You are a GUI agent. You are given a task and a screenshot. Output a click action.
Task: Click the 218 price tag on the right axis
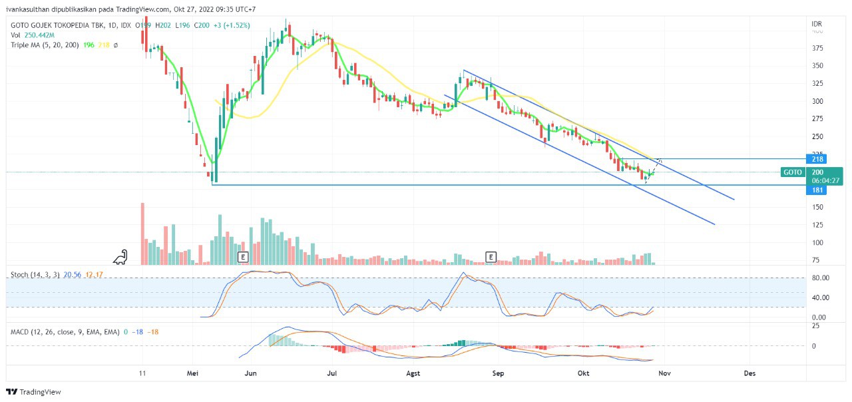[817, 159]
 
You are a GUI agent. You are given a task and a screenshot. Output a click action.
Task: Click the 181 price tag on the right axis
[817, 190]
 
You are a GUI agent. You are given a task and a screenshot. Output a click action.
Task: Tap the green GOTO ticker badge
[792, 172]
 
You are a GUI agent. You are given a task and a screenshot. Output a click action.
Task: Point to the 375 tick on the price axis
[817, 48]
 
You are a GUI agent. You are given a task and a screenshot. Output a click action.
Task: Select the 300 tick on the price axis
[817, 101]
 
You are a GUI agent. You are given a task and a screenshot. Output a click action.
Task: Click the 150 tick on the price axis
[817, 207]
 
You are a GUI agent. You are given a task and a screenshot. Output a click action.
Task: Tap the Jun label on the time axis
[250, 373]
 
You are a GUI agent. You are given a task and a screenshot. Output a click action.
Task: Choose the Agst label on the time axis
[413, 373]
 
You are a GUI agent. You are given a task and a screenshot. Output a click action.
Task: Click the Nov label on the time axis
[664, 373]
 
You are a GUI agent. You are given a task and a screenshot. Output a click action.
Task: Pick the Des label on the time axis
[750, 373]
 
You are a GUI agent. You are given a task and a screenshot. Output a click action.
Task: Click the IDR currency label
[817, 24]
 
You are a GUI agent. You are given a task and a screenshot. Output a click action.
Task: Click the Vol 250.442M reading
[32, 35]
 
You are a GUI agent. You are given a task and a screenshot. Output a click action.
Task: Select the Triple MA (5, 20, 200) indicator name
[45, 45]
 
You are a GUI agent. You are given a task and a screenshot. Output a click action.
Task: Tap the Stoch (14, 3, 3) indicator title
[35, 274]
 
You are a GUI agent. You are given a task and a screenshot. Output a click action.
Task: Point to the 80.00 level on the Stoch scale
[819, 278]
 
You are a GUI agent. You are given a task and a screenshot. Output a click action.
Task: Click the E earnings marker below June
[242, 257]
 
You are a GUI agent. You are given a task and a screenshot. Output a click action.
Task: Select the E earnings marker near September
[491, 257]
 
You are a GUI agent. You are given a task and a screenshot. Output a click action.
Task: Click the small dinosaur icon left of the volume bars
[120, 257]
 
